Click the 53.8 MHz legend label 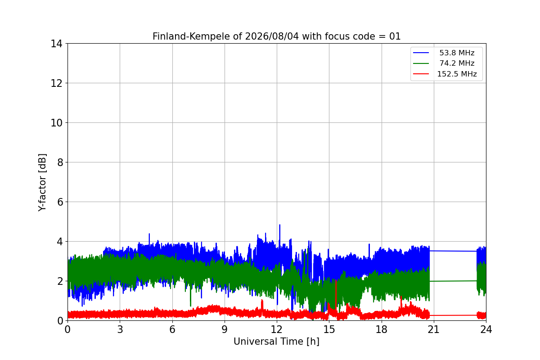coord(457,53)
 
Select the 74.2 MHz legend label coord(457,63)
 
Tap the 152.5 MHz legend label coord(457,74)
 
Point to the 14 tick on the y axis coord(56,44)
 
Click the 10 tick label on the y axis coord(56,123)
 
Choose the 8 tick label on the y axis coord(60,162)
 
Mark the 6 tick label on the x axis coord(172,329)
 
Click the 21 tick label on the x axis coord(434,329)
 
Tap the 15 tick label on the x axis coord(329,329)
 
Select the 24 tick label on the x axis coord(486,329)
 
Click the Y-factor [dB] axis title coord(42,183)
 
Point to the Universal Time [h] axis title coord(276,342)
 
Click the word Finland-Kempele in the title coord(191,36)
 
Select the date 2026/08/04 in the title coord(272,36)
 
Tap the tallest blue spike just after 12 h coord(279,225)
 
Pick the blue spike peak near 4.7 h coord(149,234)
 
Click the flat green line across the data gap coord(453,281)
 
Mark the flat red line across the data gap coord(453,315)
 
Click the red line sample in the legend coord(421,74)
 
